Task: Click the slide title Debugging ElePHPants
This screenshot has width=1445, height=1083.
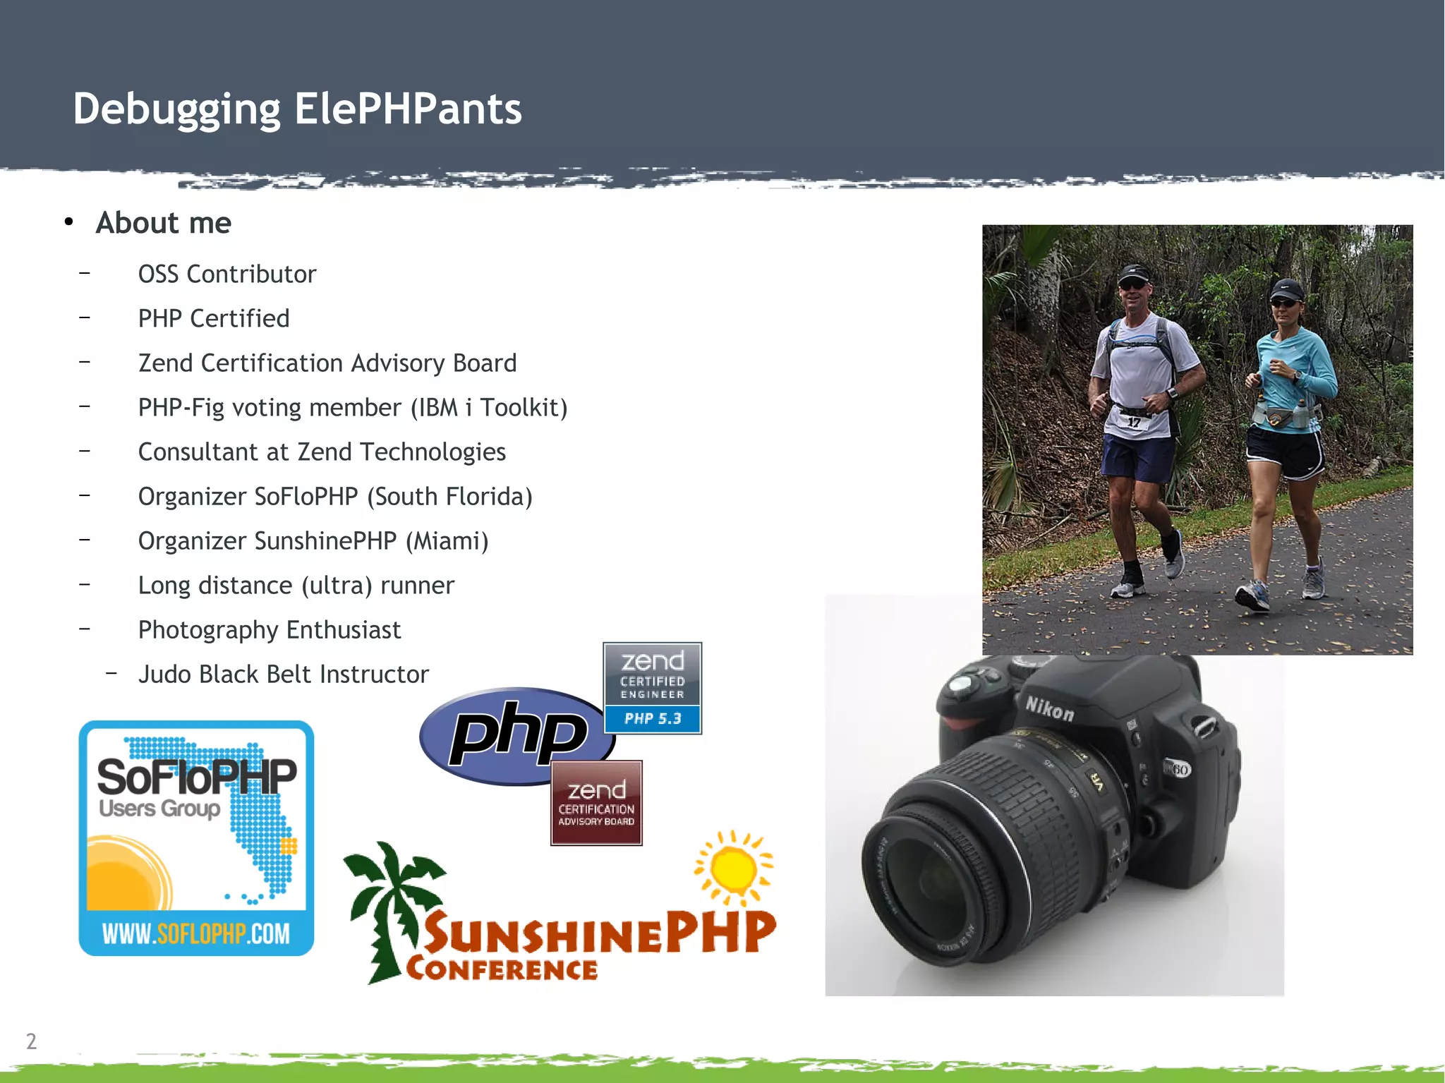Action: [x=297, y=109]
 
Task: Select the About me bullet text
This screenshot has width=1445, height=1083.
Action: [x=163, y=223]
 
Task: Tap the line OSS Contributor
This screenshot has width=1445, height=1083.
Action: [x=226, y=274]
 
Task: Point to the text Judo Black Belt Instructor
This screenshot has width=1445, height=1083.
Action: [x=283, y=674]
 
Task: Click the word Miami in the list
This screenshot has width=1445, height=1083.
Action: [x=447, y=541]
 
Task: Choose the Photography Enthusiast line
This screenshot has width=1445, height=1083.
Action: [x=269, y=629]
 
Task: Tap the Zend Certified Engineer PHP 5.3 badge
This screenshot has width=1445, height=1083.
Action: [x=652, y=688]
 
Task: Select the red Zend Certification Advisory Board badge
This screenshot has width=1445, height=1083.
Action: [x=596, y=803]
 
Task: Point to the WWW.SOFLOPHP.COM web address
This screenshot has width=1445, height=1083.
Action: [x=195, y=933]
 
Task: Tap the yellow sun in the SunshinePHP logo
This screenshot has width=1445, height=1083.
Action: [x=734, y=868]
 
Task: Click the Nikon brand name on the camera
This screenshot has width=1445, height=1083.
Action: [x=1049, y=708]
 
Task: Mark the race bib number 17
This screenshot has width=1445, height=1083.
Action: [x=1133, y=422]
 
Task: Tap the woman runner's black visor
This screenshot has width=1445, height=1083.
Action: [x=1286, y=289]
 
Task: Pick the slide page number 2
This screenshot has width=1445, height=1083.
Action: [x=31, y=1041]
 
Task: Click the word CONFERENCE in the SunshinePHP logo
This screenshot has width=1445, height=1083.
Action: [x=502, y=969]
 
